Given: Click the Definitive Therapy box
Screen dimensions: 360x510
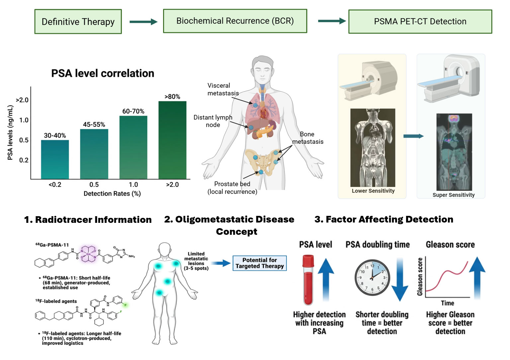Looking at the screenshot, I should click(x=78, y=22).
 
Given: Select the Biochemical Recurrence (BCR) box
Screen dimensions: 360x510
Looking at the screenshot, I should click(x=235, y=21).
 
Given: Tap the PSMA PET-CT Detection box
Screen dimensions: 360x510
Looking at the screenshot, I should click(x=420, y=22).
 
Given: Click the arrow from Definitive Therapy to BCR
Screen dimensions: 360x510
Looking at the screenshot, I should click(x=143, y=22).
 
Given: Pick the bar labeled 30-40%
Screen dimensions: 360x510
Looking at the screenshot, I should click(x=55, y=159).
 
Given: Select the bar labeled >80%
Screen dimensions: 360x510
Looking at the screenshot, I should click(x=172, y=139).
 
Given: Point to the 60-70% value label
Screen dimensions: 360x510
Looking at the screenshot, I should click(x=133, y=111).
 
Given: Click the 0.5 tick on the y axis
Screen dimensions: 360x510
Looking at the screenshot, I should click(x=24, y=140).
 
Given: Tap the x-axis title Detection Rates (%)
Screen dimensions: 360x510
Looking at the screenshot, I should click(x=112, y=194).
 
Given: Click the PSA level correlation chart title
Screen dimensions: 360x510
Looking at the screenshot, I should click(x=103, y=73).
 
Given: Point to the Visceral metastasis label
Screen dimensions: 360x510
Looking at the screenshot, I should click(x=223, y=89).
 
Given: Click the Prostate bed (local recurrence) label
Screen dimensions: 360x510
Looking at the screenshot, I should click(x=232, y=188).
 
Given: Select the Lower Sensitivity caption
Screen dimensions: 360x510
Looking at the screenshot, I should click(x=373, y=191).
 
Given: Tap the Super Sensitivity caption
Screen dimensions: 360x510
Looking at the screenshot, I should click(x=453, y=195).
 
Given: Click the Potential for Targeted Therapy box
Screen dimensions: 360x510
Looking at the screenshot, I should click(x=259, y=263).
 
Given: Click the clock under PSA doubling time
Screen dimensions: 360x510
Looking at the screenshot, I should click(x=372, y=278).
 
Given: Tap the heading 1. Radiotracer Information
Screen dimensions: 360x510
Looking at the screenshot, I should click(x=88, y=220).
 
